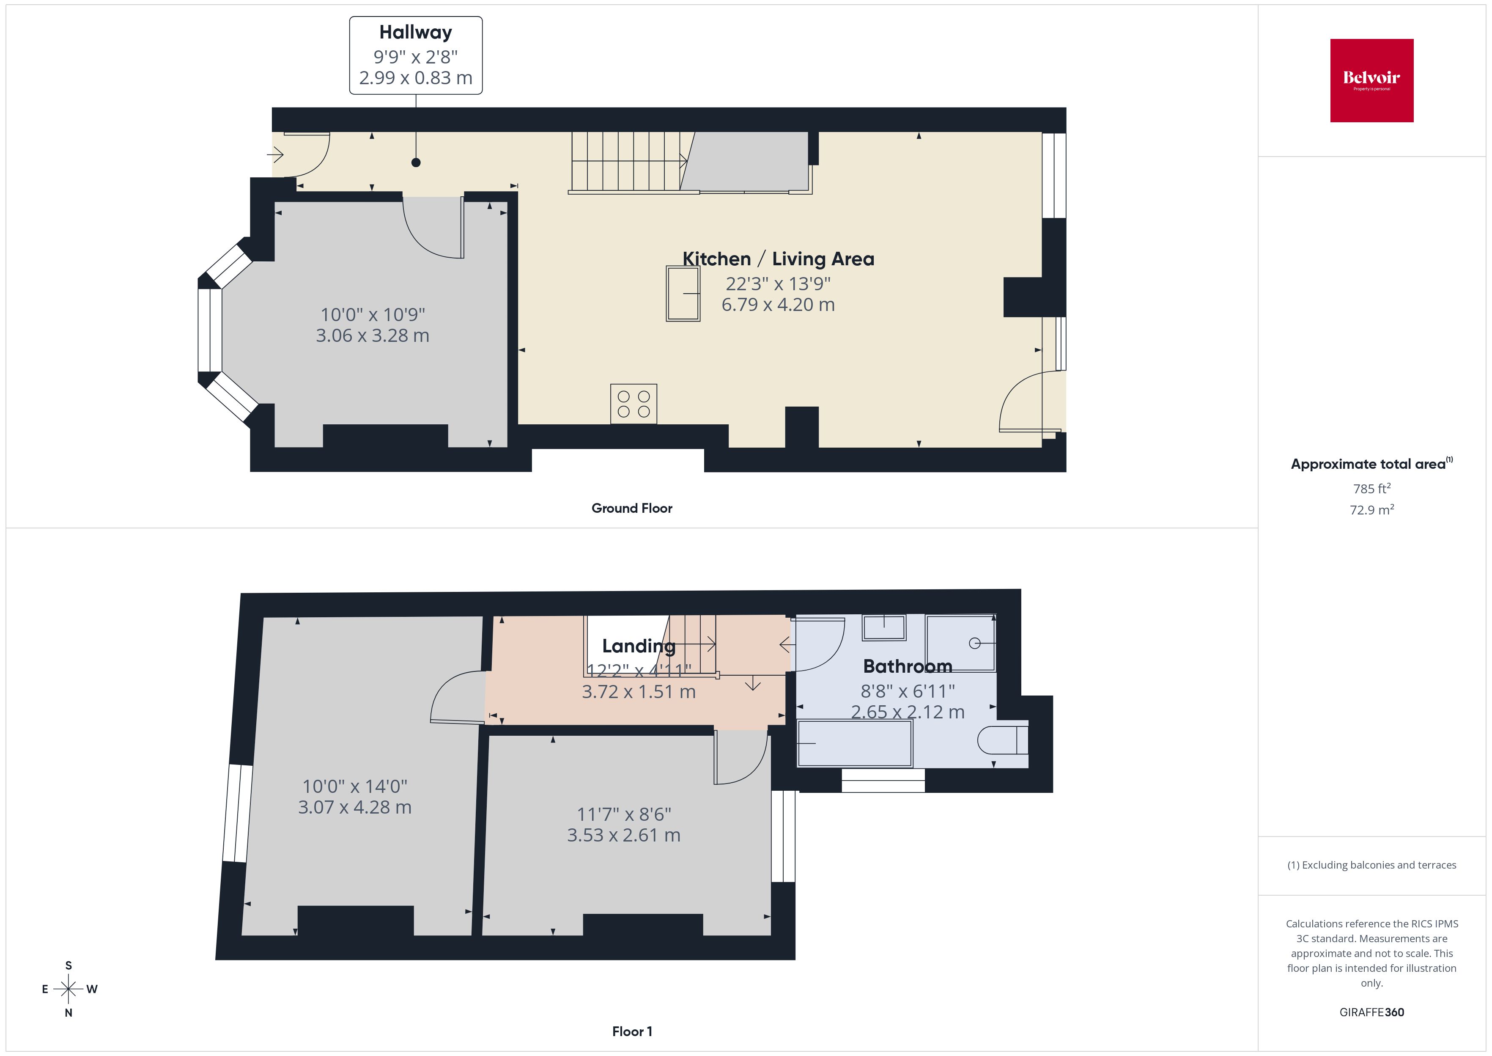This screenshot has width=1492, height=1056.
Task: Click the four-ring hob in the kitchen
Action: click(x=634, y=404)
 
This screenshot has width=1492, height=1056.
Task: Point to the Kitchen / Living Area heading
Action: click(x=778, y=259)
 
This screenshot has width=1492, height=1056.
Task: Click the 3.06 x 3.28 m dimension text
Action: click(x=372, y=335)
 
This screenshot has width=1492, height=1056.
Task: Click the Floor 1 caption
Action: click(x=632, y=1031)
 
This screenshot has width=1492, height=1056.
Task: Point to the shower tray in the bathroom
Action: click(x=960, y=643)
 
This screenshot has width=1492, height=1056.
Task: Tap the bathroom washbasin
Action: click(x=884, y=627)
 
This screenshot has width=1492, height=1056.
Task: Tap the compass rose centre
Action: click(x=68, y=989)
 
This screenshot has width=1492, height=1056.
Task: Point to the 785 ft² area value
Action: click(x=1372, y=488)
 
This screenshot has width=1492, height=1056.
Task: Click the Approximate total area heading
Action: click(x=1371, y=464)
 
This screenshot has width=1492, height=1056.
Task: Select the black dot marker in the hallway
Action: click(x=416, y=162)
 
